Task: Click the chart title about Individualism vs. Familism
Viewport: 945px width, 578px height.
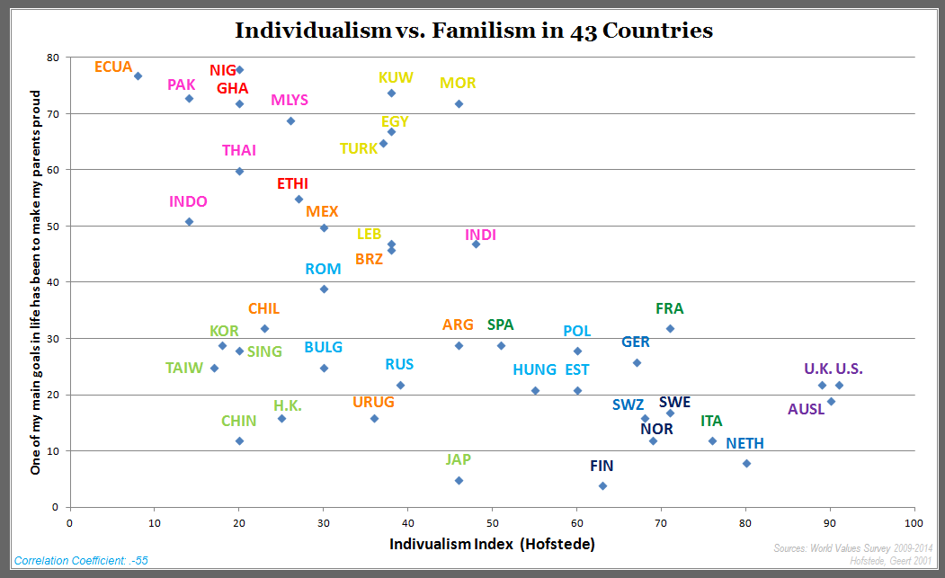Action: pos(474,31)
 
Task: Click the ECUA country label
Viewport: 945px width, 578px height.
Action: pos(113,67)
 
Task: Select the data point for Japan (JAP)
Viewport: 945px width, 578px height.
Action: pos(459,480)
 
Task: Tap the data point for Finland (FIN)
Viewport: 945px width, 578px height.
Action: pos(602,485)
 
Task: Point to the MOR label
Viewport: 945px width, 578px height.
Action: pos(458,84)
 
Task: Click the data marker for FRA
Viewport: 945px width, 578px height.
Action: pos(670,328)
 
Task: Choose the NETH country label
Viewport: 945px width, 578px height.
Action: pos(745,443)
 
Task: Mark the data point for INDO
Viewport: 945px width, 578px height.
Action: pos(189,221)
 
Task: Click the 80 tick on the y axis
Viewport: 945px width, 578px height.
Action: pos(52,58)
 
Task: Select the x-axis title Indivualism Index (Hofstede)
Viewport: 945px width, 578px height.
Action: pos(492,544)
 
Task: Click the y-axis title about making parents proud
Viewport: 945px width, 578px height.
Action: pos(36,281)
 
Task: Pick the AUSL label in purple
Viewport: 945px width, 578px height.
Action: pos(806,410)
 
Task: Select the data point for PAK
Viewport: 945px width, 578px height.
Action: pos(189,98)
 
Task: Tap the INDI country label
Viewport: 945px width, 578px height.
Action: pos(480,236)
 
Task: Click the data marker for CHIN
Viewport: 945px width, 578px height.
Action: pos(239,440)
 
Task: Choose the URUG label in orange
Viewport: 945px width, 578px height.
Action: pos(373,402)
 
